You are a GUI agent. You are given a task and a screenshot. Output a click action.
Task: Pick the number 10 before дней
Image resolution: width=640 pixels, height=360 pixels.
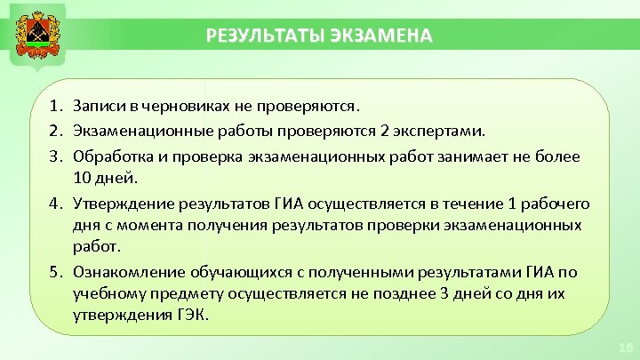coord(83,177)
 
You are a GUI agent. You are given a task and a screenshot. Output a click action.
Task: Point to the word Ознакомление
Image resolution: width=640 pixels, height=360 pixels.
coord(126,272)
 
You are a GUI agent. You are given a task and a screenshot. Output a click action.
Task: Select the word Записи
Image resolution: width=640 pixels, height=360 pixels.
coord(100,107)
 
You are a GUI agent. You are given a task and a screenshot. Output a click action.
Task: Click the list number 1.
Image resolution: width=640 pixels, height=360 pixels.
coord(56,107)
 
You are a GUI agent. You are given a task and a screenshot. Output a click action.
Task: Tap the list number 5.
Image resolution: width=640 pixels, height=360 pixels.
coord(56,272)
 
